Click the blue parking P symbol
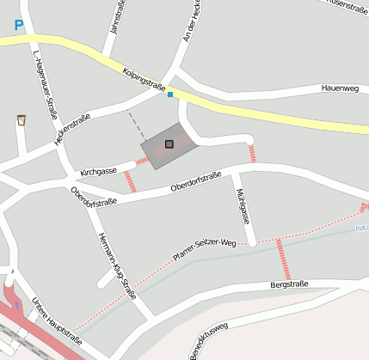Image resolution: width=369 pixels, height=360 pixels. pos(18,27)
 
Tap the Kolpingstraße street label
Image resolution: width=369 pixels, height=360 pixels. pos(143,80)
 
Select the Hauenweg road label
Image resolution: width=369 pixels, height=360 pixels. pos(339,88)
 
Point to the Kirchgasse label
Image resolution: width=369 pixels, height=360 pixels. pos(98,172)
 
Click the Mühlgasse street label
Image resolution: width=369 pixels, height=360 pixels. pos(242,205)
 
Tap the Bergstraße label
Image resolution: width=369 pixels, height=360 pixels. pos(289,283)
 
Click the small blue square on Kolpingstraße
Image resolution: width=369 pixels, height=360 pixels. pos(170,94)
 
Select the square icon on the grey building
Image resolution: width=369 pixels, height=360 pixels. pos(169,144)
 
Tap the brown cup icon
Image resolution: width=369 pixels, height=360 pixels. pos(22,120)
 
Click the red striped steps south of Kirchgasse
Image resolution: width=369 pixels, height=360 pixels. pos(130,181)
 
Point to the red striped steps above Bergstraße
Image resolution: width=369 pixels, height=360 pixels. pos(281,259)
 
